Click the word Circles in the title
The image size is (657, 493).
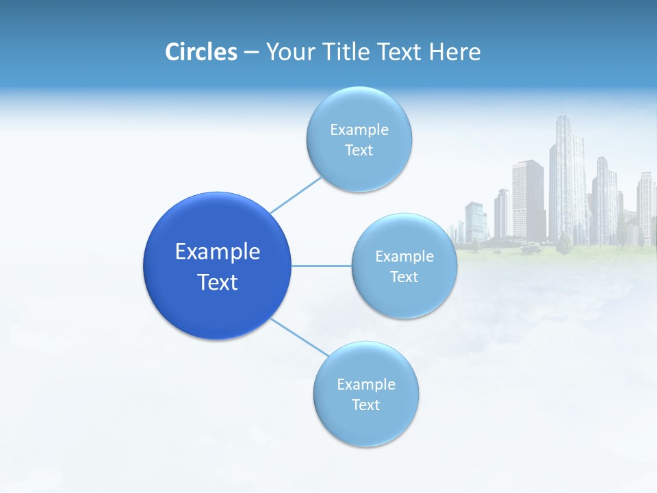(201, 52)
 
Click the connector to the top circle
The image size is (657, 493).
(296, 194)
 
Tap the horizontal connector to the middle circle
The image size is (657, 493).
(322, 266)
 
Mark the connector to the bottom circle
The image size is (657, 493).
(300, 337)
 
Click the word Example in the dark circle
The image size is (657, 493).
(218, 252)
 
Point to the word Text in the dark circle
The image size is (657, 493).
(218, 282)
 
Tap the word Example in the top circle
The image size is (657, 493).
(359, 130)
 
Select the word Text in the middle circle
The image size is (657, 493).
(404, 277)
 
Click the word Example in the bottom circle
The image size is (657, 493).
(366, 385)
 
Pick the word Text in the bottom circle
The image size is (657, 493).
(366, 405)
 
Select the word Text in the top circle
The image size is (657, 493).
(359, 151)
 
